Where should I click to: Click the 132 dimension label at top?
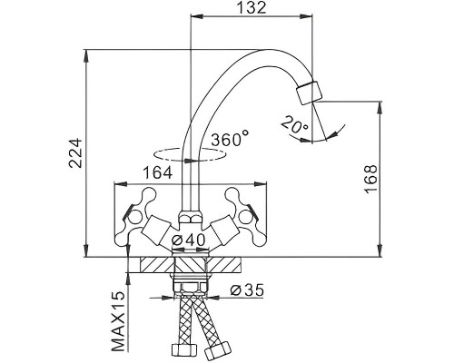point(251,7)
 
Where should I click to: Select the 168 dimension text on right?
point(371,179)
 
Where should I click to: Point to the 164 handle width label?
point(157,173)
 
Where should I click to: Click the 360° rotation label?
point(230,140)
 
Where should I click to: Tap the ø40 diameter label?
point(188,240)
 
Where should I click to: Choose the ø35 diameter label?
point(247,290)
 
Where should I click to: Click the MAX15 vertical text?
point(118,321)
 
